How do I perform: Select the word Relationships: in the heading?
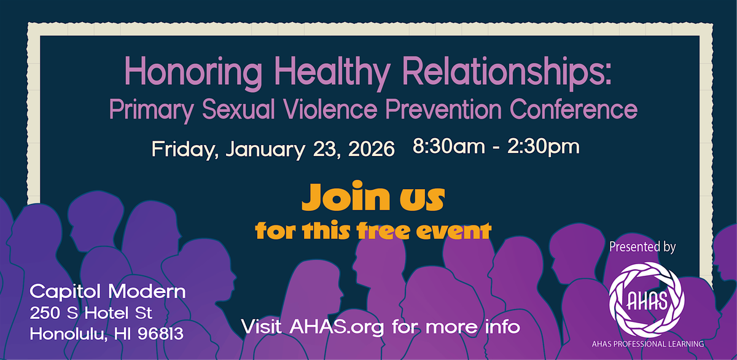pos(506,72)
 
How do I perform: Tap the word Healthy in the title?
pos(332,72)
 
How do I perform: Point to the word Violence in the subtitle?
pos(330,109)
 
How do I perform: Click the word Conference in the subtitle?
pos(574,109)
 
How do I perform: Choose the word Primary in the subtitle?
pos(151,111)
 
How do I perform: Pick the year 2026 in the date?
pos(371,149)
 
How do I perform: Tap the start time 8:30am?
pos(449,146)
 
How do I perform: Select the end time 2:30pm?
pos(544,147)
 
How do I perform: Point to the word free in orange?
pos(384,230)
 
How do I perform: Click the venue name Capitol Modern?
pos(107,292)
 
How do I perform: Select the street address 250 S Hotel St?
pos(91,313)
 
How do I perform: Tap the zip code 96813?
pos(160,334)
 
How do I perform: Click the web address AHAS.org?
pos(337,327)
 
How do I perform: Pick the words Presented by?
pos(642,247)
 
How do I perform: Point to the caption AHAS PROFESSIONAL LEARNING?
pos(648,344)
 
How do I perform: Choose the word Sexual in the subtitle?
pos(238,109)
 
